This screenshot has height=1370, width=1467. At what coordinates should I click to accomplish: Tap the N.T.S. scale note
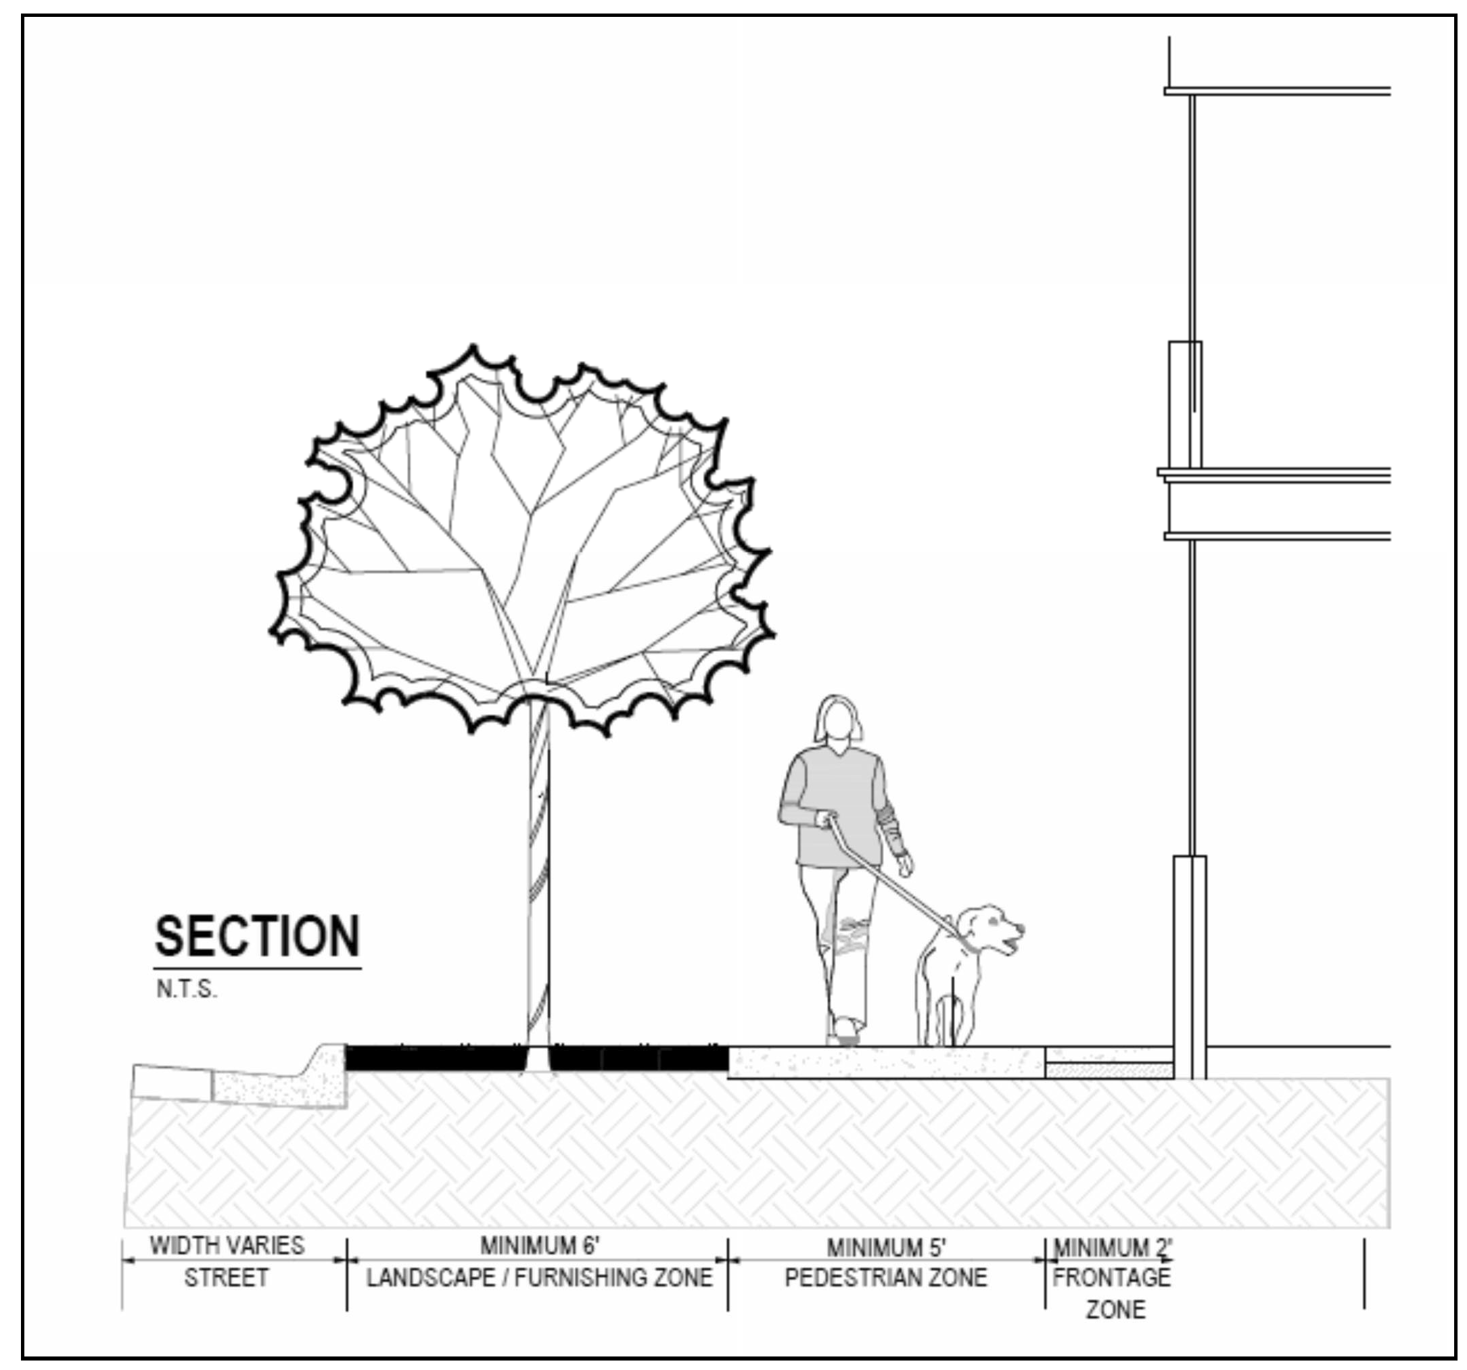coord(187,989)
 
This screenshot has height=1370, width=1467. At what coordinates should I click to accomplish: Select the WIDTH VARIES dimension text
coord(227,1246)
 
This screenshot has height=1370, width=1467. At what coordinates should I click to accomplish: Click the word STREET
coord(227,1277)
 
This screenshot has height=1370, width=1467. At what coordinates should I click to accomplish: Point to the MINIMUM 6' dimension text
coord(540,1246)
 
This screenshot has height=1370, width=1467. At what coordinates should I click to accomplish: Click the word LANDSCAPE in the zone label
coord(431,1277)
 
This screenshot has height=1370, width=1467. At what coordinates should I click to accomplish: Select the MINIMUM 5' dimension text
coord(885,1248)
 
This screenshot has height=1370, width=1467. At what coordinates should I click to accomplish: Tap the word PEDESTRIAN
coord(843,1277)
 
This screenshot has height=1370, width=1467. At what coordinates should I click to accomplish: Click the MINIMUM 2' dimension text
coord(1112,1248)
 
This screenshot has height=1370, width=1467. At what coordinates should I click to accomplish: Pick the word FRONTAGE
coord(1111,1277)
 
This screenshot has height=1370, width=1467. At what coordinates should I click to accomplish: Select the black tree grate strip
coord(443,1059)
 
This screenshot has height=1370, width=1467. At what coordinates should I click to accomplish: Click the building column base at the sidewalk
coord(1190,966)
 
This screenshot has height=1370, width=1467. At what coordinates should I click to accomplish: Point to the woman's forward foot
coord(845,1030)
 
